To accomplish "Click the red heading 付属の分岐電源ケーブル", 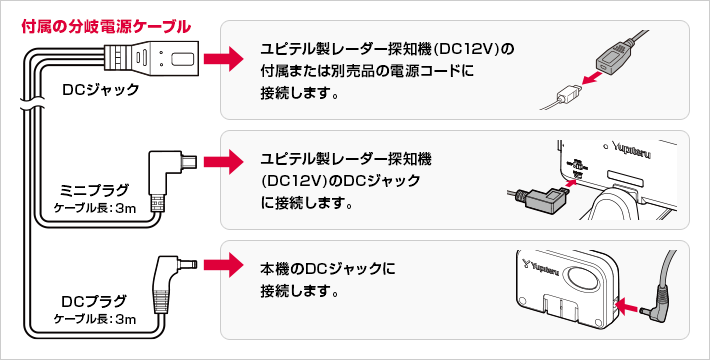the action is (106, 27).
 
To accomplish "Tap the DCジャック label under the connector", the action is (101, 90).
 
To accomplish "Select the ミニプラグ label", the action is (95, 190).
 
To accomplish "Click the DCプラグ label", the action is (95, 301).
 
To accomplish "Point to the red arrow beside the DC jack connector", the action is (224, 58).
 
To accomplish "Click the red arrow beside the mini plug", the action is (224, 162).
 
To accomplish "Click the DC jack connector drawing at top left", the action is (152, 58).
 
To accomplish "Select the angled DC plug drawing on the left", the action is (171, 284).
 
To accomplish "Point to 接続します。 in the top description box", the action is (300, 94).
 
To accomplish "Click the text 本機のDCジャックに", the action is (328, 269).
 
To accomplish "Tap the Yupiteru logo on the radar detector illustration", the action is (632, 149).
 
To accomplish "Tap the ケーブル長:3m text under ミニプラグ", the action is (95, 208).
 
